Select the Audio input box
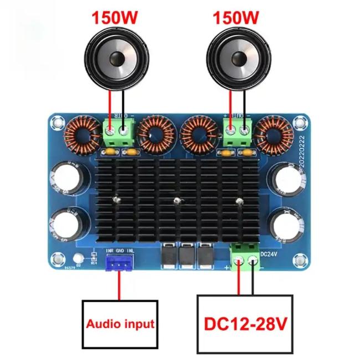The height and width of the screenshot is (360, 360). pyautogui.click(x=120, y=323)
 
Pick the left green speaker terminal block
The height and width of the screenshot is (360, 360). pyautogui.click(x=120, y=131)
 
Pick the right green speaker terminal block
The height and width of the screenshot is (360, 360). pyautogui.click(x=238, y=131)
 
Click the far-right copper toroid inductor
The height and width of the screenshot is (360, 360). pyautogui.click(x=275, y=135)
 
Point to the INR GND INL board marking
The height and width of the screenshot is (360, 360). pyautogui.click(x=119, y=251)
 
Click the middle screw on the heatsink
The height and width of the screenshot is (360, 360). pyautogui.click(x=176, y=200)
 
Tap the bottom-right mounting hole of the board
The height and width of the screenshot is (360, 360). pyautogui.click(x=300, y=259)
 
